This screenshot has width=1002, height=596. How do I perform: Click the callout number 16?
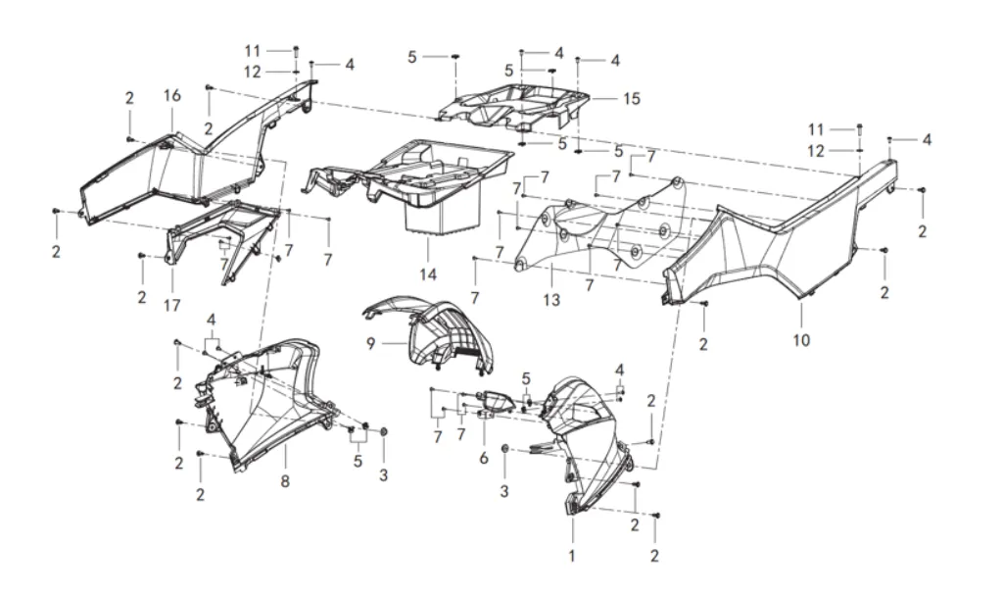click(172, 95)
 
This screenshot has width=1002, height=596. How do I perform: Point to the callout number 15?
click(632, 99)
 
